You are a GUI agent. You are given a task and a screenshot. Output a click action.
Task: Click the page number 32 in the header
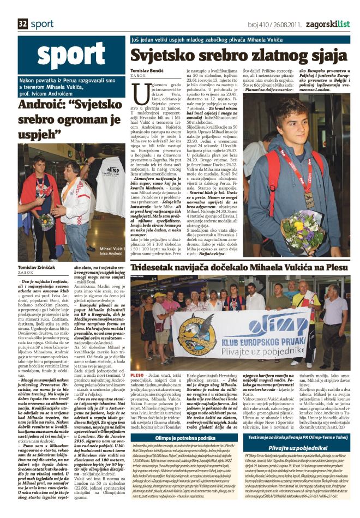click(23, 24)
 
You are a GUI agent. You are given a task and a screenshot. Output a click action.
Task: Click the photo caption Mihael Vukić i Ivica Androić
click(112, 252)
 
